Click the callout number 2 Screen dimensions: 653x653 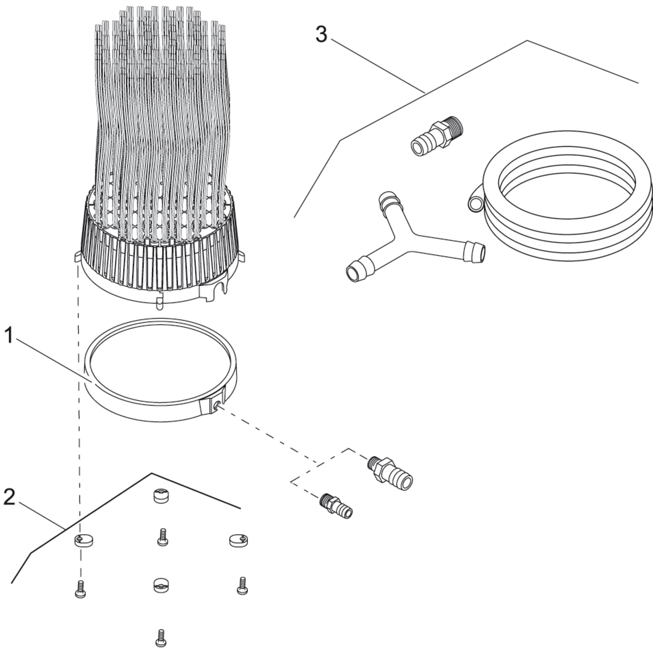(9, 497)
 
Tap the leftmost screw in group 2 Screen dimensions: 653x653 (80, 590)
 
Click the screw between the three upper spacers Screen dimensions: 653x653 (162, 537)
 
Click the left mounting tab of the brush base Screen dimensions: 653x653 (77, 256)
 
